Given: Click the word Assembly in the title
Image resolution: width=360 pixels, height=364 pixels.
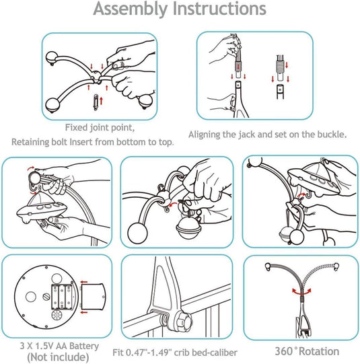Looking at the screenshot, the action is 131,9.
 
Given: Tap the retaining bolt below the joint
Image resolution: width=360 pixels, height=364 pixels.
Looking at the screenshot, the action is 96,102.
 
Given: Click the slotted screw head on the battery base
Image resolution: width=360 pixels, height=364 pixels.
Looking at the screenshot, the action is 46,297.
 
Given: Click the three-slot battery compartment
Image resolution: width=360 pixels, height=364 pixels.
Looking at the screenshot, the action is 62,297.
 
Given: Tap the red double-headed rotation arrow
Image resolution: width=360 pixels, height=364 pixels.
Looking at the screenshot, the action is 301,291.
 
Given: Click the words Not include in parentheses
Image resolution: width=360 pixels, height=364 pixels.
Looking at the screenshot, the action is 58,357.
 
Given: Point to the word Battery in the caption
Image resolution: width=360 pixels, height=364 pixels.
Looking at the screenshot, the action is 84,346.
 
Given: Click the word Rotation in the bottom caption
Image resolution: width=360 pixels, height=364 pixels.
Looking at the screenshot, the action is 319,351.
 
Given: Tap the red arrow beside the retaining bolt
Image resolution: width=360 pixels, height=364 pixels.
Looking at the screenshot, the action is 101,101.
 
